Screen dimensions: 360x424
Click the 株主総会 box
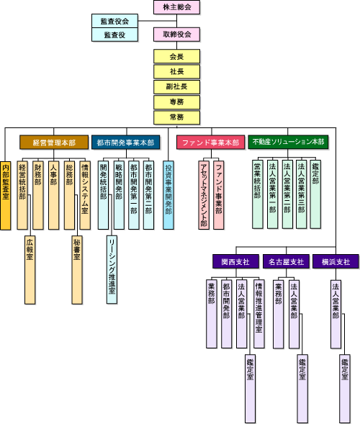pyautogui.click(x=176, y=7)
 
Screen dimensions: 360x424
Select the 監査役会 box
pyautogui.click(x=114, y=21)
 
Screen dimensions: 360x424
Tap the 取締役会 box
pyautogui.click(x=176, y=35)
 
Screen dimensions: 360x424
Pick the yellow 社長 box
pyautogui.click(x=176, y=72)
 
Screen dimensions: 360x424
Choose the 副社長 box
pyautogui.click(x=176, y=87)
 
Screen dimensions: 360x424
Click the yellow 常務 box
pyautogui.click(x=176, y=117)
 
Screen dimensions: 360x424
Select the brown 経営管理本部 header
pyautogui.click(x=54, y=143)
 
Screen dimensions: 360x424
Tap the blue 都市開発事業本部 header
pyautogui.click(x=125, y=143)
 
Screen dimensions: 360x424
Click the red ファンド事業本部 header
pyautogui.click(x=210, y=143)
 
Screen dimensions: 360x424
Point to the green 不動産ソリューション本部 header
pyautogui.click(x=288, y=142)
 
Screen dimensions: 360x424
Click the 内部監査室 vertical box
pyautogui.click(x=6, y=196)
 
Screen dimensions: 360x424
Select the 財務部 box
pyautogui.click(x=38, y=195)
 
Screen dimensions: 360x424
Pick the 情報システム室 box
pyautogui.click(x=85, y=195)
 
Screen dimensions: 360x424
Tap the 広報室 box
pyautogui.click(x=30, y=270)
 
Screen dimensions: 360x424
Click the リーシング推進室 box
pyautogui.click(x=112, y=270)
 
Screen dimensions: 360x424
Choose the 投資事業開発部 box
pyautogui.click(x=168, y=195)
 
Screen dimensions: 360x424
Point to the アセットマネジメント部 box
pyautogui.click(x=204, y=195)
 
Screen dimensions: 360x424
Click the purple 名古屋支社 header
pyautogui.click(x=286, y=261)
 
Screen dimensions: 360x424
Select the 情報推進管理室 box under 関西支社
pyautogui.click(x=259, y=314)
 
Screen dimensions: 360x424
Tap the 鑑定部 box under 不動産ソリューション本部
pyautogui.click(x=315, y=194)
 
